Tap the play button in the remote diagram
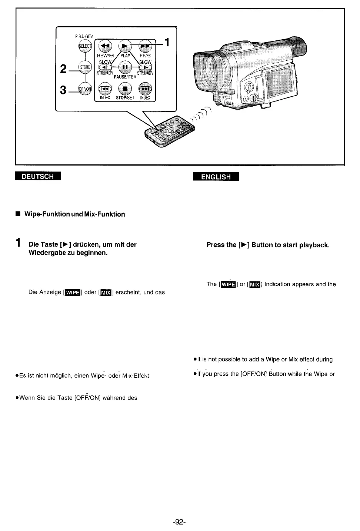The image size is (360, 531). (x=125, y=46)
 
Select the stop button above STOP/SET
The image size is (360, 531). (x=125, y=89)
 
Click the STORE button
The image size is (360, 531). (x=85, y=67)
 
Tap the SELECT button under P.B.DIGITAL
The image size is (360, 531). (x=84, y=46)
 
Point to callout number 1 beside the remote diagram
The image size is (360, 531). (x=167, y=43)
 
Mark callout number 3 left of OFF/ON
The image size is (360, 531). (x=63, y=90)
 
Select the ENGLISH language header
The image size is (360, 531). (x=216, y=177)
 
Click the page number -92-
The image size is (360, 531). (x=179, y=522)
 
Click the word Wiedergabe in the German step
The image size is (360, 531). (x=47, y=253)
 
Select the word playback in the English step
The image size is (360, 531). (x=315, y=245)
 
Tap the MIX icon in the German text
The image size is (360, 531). (x=106, y=293)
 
